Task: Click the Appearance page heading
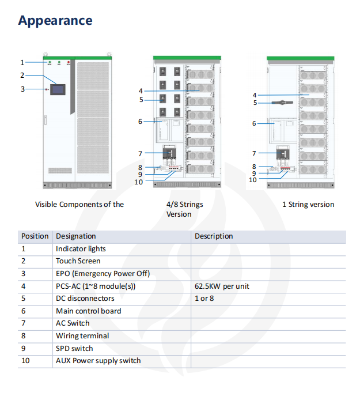click(55, 21)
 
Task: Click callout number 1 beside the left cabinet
click(22, 62)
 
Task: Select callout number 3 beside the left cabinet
click(22, 89)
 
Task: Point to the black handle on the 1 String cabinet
click(282, 103)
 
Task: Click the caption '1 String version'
click(308, 205)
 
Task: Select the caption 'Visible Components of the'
click(79, 205)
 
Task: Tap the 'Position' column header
click(35, 236)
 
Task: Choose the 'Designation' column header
click(75, 236)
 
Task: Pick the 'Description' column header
click(214, 236)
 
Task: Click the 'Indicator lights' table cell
click(81, 249)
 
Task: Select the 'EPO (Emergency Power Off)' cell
click(103, 274)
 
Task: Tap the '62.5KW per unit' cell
click(222, 286)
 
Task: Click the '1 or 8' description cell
click(204, 299)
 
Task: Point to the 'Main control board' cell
click(88, 311)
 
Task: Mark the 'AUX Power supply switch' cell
click(98, 361)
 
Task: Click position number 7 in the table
click(24, 323)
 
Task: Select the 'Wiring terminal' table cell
click(82, 336)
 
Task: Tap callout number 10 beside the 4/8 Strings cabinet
click(138, 182)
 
